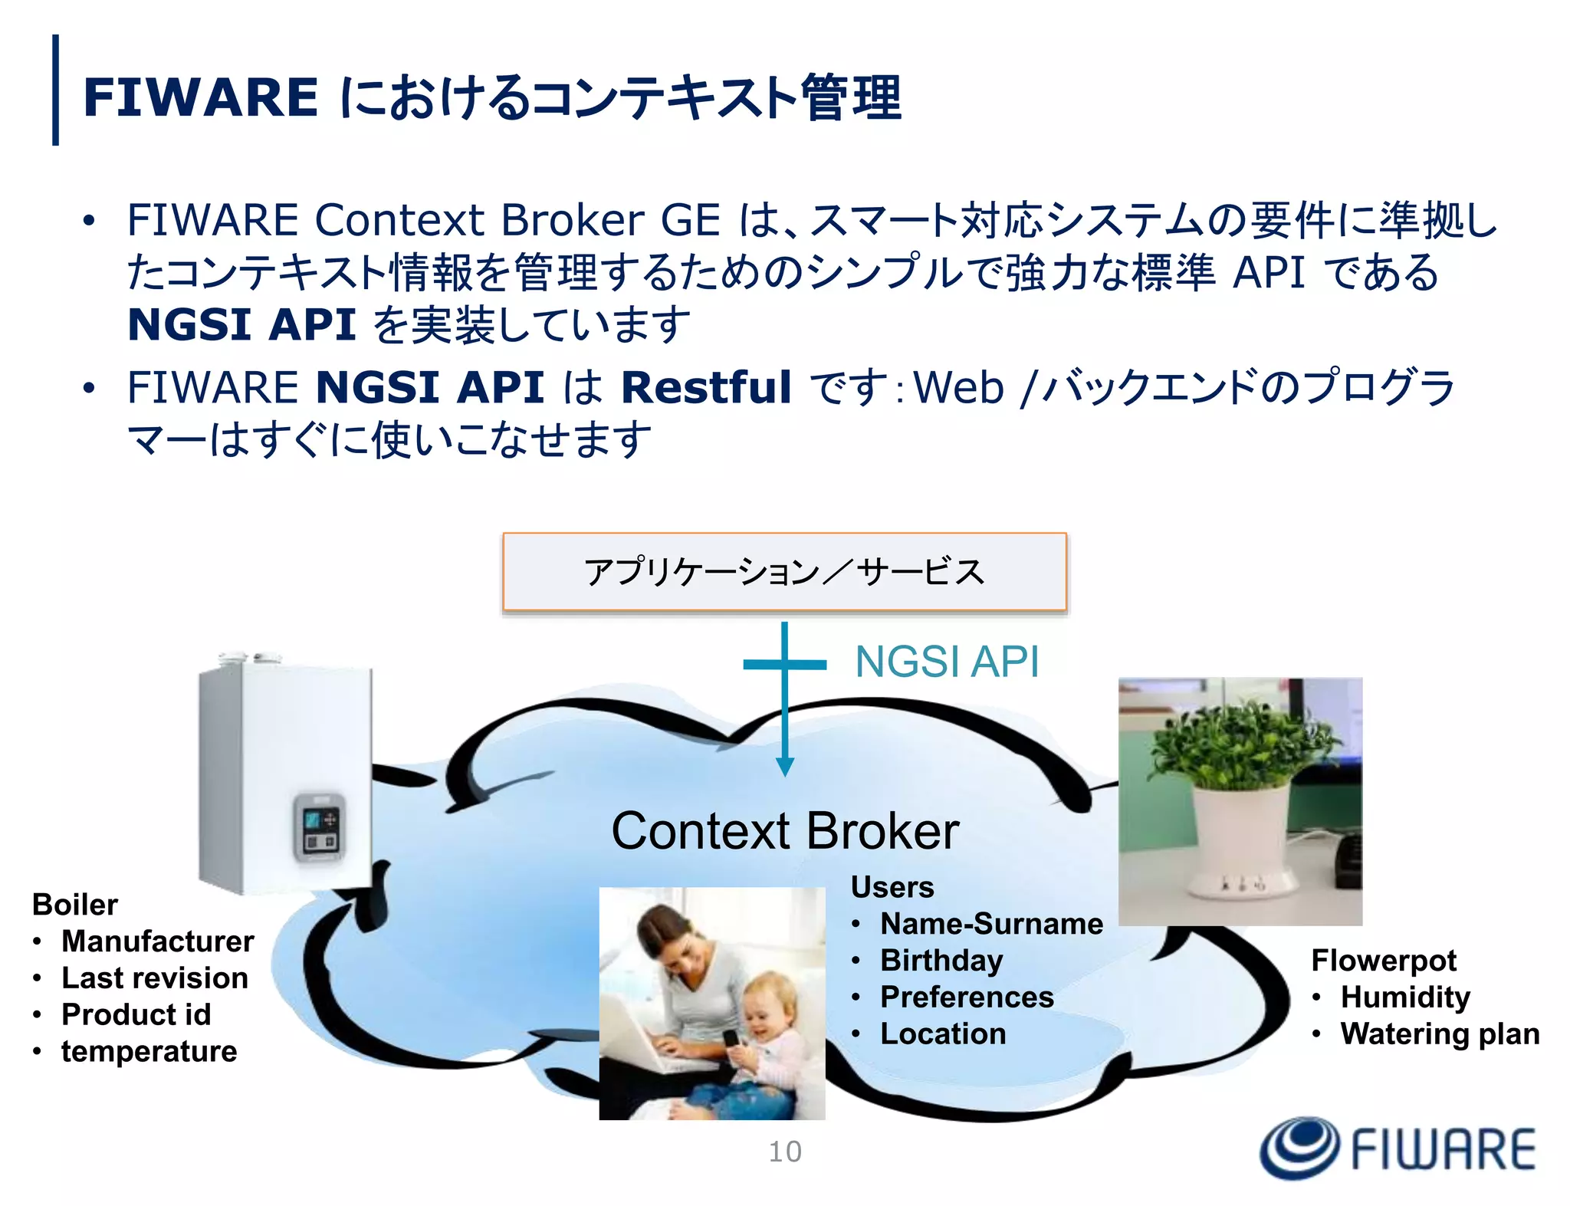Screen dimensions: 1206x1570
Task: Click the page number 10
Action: point(785,1152)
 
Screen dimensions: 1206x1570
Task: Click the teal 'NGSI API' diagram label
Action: point(947,661)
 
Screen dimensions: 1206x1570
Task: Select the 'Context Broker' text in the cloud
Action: point(785,831)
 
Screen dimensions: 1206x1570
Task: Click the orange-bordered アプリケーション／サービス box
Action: point(784,572)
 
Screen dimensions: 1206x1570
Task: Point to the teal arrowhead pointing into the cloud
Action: point(784,766)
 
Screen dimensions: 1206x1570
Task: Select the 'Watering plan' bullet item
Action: point(1440,1033)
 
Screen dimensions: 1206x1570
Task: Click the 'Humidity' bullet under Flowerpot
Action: point(1405,997)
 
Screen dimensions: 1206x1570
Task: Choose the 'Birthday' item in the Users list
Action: point(941,960)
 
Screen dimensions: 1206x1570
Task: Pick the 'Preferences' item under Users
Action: point(967,997)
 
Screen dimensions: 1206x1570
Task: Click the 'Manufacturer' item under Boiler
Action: point(157,941)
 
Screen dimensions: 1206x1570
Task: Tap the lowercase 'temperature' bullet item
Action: point(149,1051)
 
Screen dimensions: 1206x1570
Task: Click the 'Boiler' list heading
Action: point(75,905)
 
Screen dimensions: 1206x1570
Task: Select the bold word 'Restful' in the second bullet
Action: point(705,386)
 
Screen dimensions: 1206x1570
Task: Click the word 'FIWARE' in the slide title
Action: point(200,97)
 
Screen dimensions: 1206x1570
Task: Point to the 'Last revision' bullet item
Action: point(154,978)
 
